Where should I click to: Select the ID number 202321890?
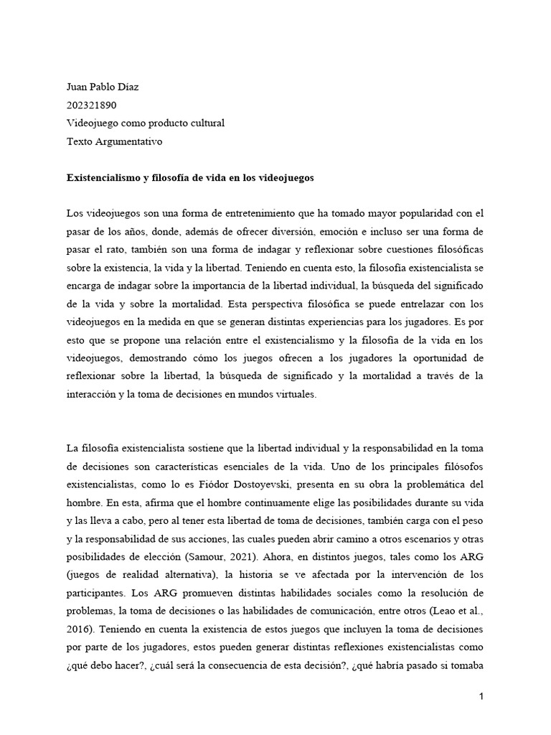(90, 106)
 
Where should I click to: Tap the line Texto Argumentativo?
(114, 141)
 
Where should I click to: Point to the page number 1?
(483, 696)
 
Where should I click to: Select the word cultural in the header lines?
(207, 123)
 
